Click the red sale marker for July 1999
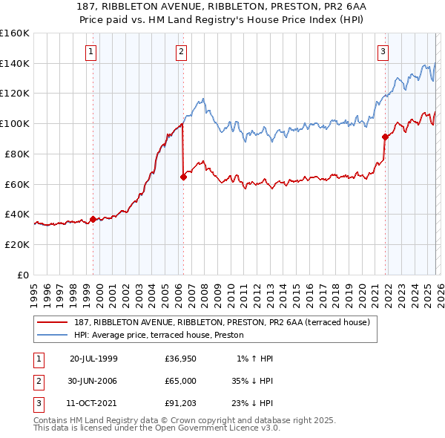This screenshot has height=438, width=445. click(x=93, y=219)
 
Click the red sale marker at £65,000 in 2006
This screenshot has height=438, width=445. click(x=183, y=177)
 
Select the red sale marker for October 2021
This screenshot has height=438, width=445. click(x=385, y=137)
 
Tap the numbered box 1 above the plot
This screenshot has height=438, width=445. click(x=90, y=51)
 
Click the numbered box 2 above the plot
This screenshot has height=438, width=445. click(x=181, y=51)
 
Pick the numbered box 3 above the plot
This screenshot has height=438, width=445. click(x=383, y=51)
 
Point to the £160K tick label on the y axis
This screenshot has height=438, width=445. click(x=14, y=33)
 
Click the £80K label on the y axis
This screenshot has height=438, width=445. click(x=16, y=154)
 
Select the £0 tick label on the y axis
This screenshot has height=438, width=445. click(x=24, y=274)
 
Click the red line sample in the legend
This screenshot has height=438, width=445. click(x=53, y=322)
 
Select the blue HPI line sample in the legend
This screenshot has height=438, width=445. click(x=53, y=335)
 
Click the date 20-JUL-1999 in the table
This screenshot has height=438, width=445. click(x=93, y=359)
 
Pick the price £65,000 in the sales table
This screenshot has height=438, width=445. click(x=181, y=381)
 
